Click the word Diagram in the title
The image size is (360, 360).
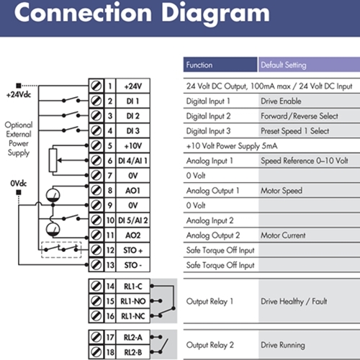(215, 14)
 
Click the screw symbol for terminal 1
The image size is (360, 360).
(96, 86)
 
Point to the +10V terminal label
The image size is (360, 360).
(133, 145)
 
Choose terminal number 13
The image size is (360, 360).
(110, 265)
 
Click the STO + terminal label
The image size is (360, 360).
(133, 251)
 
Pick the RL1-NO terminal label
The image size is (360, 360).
(133, 301)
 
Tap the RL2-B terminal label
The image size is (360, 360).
(133, 352)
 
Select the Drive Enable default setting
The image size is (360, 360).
(281, 101)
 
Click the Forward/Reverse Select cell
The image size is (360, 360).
(300, 116)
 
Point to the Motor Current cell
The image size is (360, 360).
(283, 235)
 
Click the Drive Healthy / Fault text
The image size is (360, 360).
(294, 301)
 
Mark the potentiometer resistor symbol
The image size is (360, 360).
(53, 160)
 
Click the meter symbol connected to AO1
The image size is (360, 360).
(53, 195)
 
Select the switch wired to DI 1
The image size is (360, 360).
(71, 100)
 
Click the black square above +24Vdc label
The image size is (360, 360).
(19, 86)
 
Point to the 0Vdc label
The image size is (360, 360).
(19, 184)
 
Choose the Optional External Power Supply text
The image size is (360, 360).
(19, 139)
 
